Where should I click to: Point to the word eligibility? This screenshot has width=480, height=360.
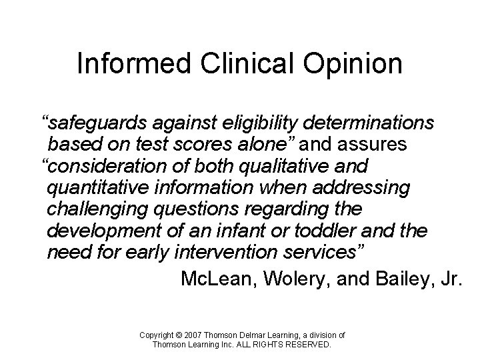(x=263, y=124)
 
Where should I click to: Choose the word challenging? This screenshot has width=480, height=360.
(x=101, y=209)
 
